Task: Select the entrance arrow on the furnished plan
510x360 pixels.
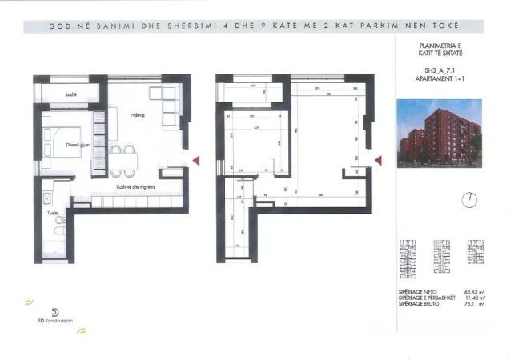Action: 194,160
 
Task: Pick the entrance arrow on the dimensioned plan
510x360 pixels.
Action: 378,160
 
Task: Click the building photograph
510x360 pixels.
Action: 439,128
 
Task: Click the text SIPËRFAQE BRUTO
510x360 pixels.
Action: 416,305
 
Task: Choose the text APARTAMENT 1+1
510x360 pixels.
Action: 438,80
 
